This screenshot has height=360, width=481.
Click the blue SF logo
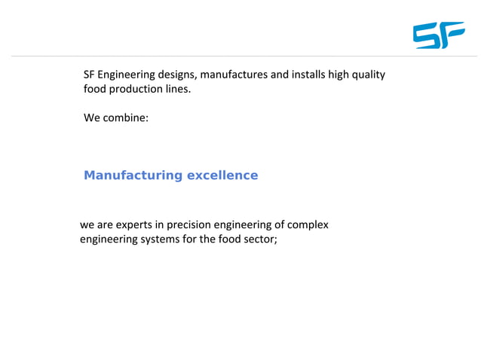point(439,35)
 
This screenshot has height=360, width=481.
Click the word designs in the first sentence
point(177,75)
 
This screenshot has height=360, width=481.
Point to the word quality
point(367,75)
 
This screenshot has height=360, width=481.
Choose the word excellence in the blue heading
point(222,175)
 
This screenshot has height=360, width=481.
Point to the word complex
point(308,225)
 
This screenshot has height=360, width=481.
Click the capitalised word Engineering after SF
point(126,75)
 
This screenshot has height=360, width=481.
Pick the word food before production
point(96,90)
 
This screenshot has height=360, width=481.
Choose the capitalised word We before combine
point(91,118)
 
